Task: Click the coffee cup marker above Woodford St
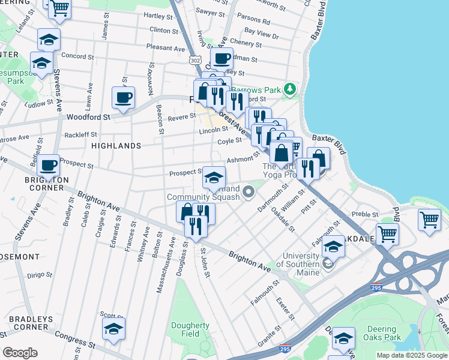coord(123,97)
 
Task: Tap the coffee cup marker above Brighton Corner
coord(48,164)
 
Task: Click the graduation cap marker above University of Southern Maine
coord(333,247)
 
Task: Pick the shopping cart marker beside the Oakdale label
coord(387,233)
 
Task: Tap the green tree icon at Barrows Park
coord(291,89)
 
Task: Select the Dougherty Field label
coord(190,329)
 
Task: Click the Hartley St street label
coord(158,16)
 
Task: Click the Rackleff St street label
coord(80,134)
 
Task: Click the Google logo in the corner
coord(20,353)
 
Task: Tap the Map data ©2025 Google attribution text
coord(411,355)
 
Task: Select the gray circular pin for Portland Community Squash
coord(249,192)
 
